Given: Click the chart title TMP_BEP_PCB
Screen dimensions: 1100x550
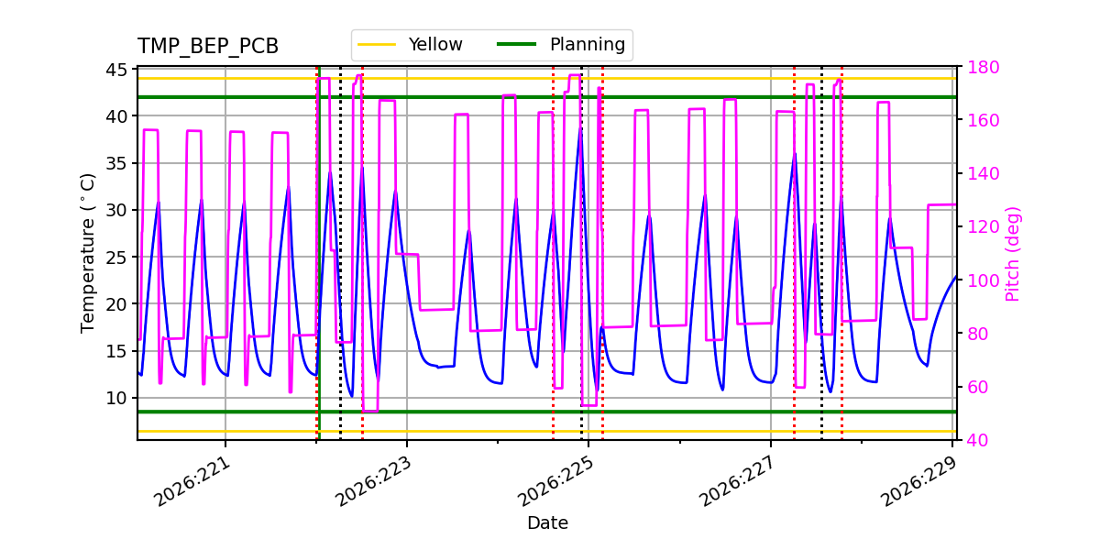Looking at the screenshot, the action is click(208, 46).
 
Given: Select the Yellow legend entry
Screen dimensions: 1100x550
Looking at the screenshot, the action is click(410, 45).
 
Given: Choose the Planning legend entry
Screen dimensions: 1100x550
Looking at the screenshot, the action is click(561, 45).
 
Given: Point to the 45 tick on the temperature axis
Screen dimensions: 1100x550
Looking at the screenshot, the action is click(115, 70).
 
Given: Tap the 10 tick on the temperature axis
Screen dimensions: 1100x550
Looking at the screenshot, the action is click(115, 398).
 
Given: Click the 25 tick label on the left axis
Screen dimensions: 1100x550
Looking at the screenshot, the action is click(115, 258).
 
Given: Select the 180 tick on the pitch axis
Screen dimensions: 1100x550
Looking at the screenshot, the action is click(983, 67).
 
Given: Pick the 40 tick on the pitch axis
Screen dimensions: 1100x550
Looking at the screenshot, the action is click(978, 440).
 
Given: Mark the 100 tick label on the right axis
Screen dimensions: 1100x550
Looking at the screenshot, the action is click(983, 280).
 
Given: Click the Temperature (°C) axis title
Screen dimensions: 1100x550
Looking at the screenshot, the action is click(87, 253).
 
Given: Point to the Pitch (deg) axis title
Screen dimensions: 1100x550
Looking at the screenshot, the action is click(1013, 255).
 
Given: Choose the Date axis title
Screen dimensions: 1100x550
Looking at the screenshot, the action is click(547, 523).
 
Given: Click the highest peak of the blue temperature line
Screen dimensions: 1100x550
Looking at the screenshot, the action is click(581, 128).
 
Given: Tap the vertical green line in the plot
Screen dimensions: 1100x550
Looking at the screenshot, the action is click(319, 253).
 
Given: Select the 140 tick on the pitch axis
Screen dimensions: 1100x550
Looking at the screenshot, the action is click(983, 174).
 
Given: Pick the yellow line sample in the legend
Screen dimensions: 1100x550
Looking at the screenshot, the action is click(377, 45).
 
